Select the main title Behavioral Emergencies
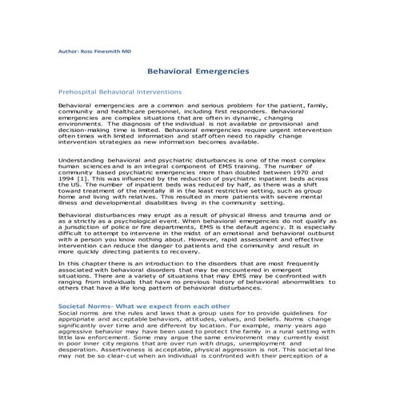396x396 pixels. click(x=198, y=71)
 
